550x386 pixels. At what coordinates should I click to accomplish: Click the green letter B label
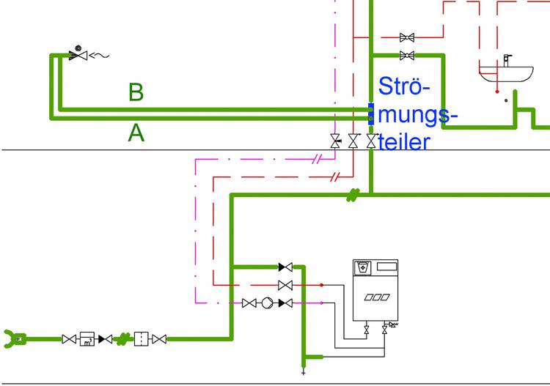pyautogui.click(x=136, y=92)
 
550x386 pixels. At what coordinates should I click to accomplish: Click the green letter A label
pyautogui.click(x=136, y=133)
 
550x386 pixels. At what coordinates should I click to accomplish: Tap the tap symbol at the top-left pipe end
pyautogui.click(x=77, y=54)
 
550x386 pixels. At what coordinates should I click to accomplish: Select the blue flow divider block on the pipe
pyautogui.click(x=371, y=114)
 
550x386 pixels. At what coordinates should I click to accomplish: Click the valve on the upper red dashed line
pyautogui.click(x=407, y=37)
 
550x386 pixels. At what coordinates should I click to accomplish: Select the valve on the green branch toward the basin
pyautogui.click(x=407, y=56)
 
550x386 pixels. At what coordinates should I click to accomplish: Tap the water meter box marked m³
pyautogui.click(x=87, y=338)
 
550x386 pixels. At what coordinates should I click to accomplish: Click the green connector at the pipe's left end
pyautogui.click(x=15, y=338)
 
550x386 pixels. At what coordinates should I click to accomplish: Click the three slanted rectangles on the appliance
pyautogui.click(x=376, y=297)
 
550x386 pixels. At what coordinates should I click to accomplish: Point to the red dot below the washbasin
pyautogui.click(x=496, y=92)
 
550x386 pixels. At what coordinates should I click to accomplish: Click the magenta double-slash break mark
pyautogui.click(x=318, y=158)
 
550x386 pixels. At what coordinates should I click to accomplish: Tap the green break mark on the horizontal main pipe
pyautogui.click(x=353, y=195)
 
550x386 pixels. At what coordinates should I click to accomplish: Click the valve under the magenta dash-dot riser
pyautogui.click(x=336, y=141)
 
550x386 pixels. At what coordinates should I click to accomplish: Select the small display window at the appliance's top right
pyautogui.click(x=387, y=267)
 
